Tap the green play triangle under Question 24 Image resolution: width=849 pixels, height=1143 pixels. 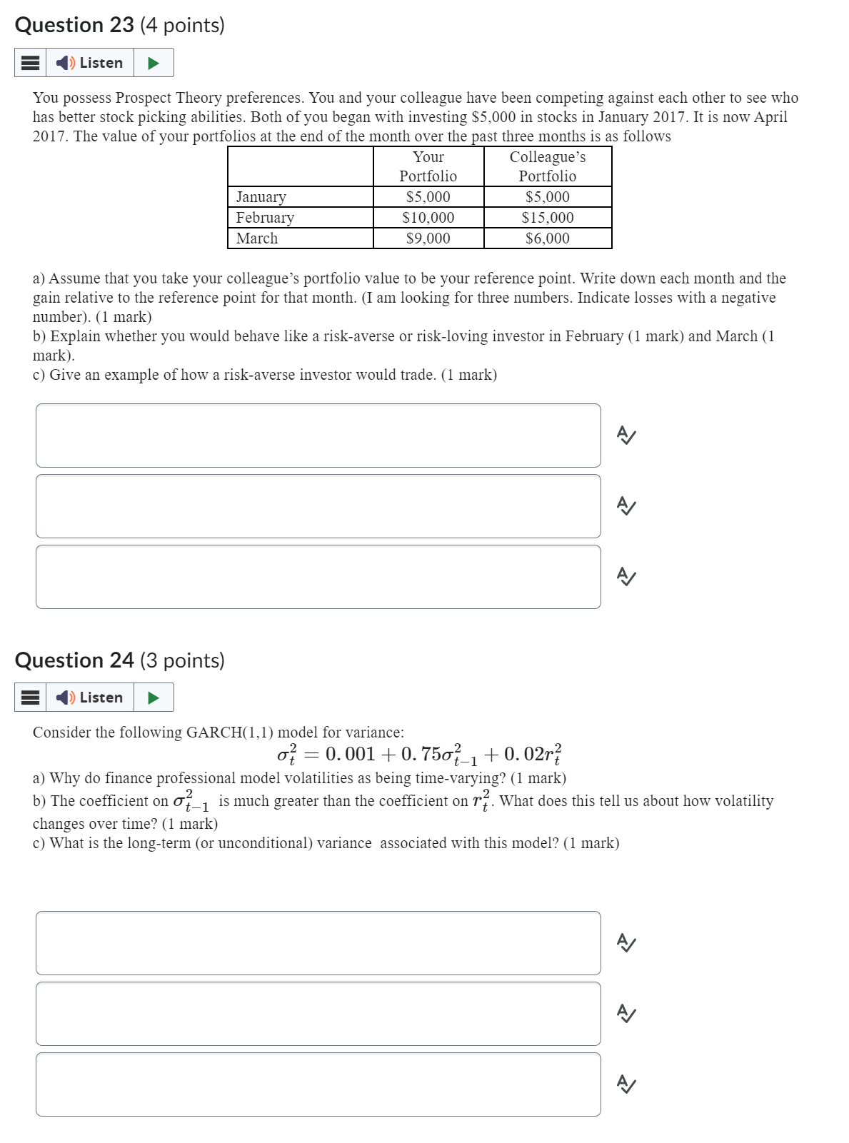153,698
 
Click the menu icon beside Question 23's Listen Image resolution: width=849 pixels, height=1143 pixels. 30,63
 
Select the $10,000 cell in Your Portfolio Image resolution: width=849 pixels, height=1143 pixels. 428,218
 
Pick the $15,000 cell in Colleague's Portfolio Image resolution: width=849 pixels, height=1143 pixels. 548,218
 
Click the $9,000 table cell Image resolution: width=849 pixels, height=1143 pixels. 428,238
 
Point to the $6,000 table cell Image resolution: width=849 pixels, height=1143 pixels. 548,238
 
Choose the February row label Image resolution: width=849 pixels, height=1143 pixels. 265,218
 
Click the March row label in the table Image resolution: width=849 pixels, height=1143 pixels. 257,238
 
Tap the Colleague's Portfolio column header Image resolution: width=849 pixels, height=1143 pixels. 548,166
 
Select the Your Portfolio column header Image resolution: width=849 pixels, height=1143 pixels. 428,166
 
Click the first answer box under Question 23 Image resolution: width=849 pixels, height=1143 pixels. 318,435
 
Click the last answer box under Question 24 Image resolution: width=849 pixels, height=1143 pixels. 318,1084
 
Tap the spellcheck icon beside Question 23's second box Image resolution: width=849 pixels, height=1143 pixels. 626,506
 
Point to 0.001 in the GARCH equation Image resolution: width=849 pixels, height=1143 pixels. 350,754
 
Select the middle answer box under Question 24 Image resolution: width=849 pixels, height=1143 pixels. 318,1014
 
